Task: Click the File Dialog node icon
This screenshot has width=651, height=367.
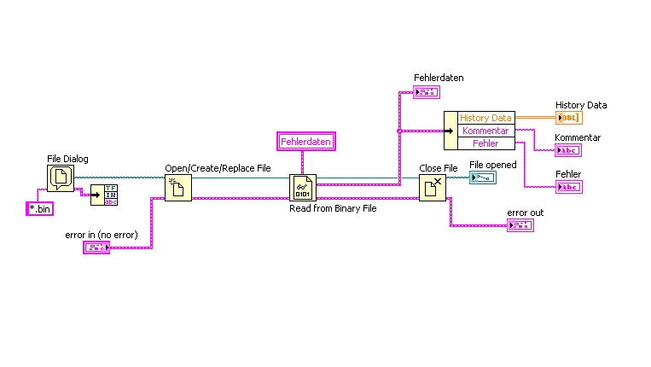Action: (x=61, y=178)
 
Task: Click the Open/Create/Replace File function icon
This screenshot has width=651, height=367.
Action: (x=177, y=187)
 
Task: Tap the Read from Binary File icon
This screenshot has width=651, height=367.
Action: (x=303, y=187)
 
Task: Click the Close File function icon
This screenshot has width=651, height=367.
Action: (x=432, y=187)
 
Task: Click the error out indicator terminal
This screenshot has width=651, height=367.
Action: (x=519, y=225)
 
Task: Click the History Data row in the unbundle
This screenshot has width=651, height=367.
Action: (x=485, y=118)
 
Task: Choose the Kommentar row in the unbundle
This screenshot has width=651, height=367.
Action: (x=485, y=131)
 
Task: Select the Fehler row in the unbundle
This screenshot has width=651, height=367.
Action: (x=485, y=143)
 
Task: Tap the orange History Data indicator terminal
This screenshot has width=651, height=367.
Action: (x=568, y=118)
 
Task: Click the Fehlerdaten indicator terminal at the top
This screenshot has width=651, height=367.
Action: (x=426, y=92)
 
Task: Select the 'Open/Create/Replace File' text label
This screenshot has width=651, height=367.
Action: (x=218, y=168)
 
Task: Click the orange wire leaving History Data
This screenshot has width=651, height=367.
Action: (x=535, y=118)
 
